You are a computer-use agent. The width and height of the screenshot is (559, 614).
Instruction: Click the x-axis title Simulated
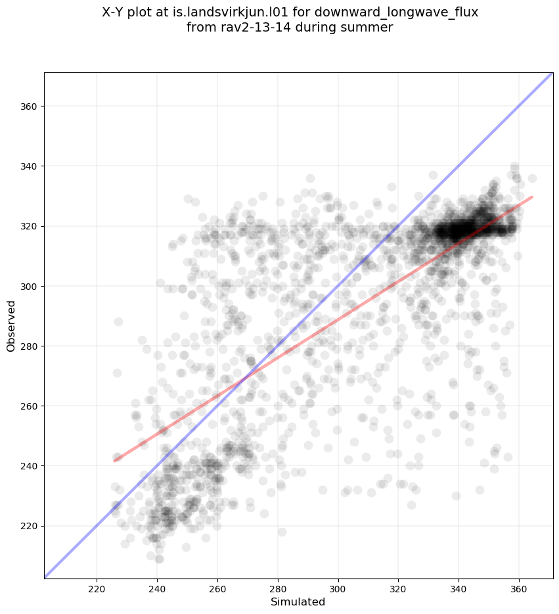(x=298, y=602)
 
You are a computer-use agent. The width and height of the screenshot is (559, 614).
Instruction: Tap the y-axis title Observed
(x=11, y=325)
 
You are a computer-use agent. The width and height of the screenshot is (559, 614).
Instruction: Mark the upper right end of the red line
(x=531, y=197)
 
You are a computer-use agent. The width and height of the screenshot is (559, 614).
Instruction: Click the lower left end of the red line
(x=114, y=461)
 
